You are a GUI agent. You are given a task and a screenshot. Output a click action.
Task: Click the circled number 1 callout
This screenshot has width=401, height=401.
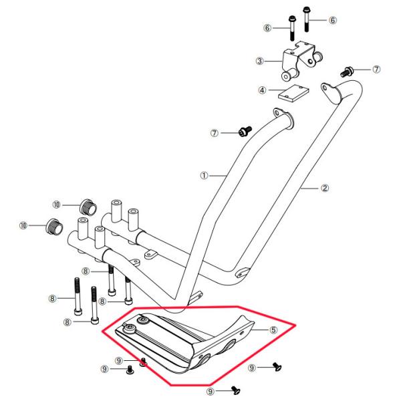(x=204, y=176)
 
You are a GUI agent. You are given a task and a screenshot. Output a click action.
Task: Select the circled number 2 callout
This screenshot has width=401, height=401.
(x=325, y=188)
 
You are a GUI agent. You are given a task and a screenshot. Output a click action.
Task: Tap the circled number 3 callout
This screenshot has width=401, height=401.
(x=259, y=61)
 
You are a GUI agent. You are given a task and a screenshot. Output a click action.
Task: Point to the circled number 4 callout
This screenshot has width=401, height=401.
(x=262, y=90)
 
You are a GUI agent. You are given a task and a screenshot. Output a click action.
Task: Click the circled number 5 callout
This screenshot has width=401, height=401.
(x=273, y=329)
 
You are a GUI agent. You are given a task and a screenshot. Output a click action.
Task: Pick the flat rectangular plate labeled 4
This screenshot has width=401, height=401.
(x=293, y=93)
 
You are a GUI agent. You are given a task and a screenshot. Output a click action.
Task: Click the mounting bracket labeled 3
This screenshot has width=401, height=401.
(x=302, y=61)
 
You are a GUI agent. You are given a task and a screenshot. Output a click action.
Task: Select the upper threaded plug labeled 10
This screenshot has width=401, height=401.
(x=88, y=207)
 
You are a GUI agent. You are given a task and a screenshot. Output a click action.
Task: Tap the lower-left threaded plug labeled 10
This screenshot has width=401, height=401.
(x=55, y=227)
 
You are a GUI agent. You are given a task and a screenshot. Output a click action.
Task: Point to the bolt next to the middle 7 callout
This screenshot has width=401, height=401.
(x=245, y=131)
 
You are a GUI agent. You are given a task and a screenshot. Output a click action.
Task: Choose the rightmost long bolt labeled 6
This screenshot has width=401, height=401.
(x=306, y=19)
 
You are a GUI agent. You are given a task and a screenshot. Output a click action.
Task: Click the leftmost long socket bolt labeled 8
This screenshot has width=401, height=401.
(x=78, y=297)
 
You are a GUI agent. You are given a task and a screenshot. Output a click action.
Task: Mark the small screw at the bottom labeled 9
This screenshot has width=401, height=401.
(x=236, y=390)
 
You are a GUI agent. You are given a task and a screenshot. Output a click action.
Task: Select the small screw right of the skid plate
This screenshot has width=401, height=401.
(x=277, y=366)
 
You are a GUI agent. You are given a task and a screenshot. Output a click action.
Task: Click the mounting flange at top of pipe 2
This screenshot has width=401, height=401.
(x=331, y=94)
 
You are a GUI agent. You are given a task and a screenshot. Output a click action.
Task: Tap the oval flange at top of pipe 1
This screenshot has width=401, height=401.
(x=284, y=118)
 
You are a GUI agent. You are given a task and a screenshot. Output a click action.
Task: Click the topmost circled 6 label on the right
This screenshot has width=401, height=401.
(x=332, y=20)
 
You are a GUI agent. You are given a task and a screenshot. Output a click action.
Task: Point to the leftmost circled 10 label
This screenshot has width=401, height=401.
(x=23, y=226)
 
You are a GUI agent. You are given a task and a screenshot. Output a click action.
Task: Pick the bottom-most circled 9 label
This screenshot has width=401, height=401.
(x=211, y=392)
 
